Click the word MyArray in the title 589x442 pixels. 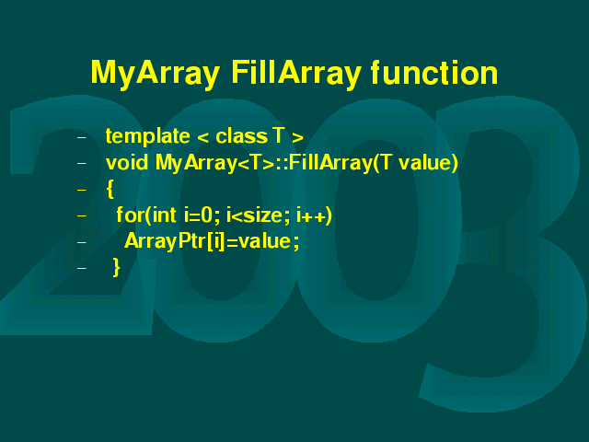[156, 74]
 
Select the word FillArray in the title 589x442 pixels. [296, 74]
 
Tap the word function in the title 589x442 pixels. [434, 72]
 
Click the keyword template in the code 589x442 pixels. [147, 137]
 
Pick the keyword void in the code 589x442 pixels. [127, 162]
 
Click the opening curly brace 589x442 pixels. [110, 189]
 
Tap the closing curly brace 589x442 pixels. [117, 268]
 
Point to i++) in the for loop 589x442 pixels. [315, 215]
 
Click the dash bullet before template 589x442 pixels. [82, 137]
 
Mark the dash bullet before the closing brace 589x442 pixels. [82, 268]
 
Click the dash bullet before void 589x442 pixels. [82, 164]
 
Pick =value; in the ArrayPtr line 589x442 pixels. [263, 241]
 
